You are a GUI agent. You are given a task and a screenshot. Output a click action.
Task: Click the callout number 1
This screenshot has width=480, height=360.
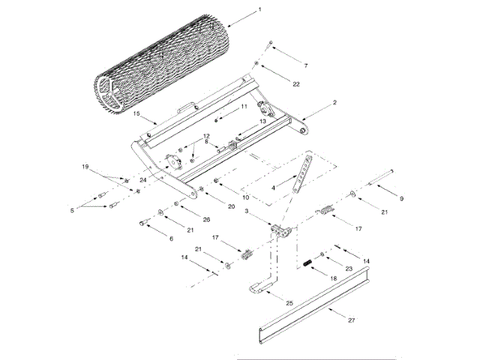259,10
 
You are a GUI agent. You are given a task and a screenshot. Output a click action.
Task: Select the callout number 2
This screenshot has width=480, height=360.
334,102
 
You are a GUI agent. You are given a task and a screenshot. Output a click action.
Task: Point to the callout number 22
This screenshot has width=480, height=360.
296,83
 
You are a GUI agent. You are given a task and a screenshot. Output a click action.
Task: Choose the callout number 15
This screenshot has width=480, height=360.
137,114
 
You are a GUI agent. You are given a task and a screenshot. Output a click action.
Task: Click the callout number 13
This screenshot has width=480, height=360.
262,121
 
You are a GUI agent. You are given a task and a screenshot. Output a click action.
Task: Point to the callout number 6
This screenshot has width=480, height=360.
171,238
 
